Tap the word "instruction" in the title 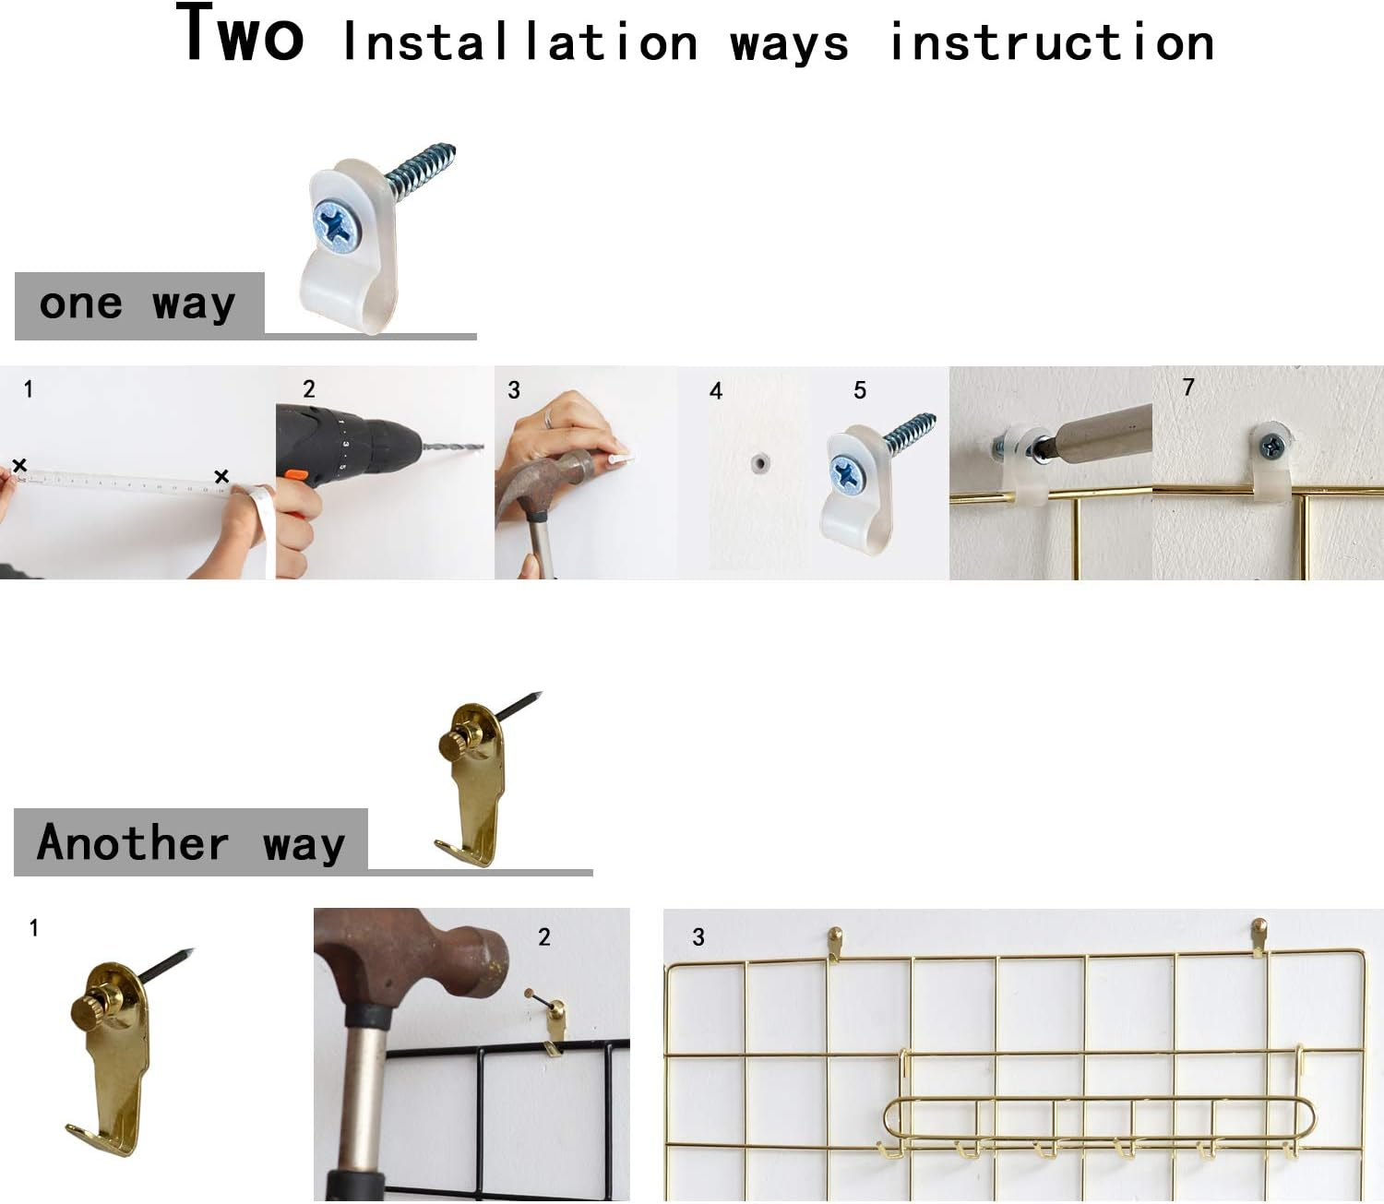point(1051,43)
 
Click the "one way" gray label point(138,305)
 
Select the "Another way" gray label point(191,842)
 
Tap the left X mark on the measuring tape point(19,465)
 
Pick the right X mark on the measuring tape point(221,476)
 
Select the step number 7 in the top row point(1188,387)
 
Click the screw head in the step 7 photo point(1272,447)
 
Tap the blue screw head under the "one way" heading point(336,225)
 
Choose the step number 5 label point(860,390)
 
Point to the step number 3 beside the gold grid point(698,937)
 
